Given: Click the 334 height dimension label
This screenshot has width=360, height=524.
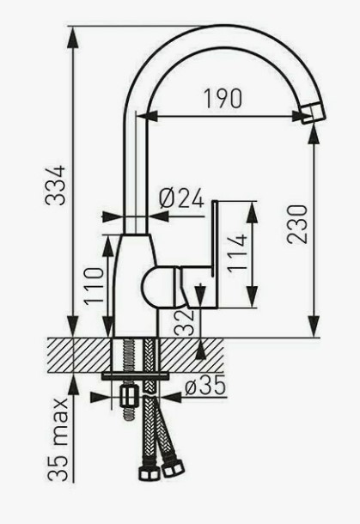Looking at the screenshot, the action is click(56, 186).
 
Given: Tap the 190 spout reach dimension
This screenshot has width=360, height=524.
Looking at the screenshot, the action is click(223, 99).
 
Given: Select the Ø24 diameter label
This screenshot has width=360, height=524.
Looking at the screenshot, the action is click(181, 198).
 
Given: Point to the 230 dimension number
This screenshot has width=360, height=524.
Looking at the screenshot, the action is click(296, 224).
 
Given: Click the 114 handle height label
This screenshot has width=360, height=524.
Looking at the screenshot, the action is click(237, 253).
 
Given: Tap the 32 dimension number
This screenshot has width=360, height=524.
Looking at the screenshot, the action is click(185, 323).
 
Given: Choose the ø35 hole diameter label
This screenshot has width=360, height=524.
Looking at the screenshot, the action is click(205, 387).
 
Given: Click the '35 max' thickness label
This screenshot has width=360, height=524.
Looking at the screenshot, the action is click(58, 440).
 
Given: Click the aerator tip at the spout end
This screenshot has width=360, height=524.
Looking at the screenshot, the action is click(313, 114).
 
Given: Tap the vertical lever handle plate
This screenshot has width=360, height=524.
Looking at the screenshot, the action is click(215, 254).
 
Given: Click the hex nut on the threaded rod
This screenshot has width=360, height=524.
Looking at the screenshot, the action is click(129, 397).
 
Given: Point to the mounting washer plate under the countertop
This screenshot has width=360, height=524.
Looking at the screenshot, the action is click(135, 376).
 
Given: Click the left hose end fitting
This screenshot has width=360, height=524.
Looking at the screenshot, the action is click(148, 472).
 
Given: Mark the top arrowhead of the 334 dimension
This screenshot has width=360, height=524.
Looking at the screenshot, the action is click(73, 37).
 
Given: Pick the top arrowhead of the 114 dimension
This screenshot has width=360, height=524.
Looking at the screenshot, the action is click(252, 212).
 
